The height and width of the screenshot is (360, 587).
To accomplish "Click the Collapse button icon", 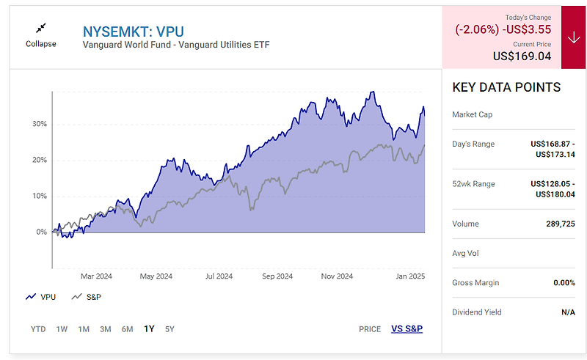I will [40, 28].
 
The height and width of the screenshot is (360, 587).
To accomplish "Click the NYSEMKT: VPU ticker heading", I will [133, 32].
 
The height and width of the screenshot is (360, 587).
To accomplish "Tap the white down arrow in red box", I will [573, 37].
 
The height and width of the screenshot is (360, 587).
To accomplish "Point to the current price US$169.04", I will [522, 56].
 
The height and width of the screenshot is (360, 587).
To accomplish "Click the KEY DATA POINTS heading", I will [506, 87].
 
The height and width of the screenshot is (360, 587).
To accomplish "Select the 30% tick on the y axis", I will [39, 124].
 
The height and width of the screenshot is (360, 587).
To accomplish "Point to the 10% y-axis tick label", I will [39, 196].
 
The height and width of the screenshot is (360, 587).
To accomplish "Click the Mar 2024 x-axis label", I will [96, 276].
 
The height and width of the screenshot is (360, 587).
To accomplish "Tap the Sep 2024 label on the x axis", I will [277, 276].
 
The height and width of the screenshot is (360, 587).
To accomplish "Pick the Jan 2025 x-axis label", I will [409, 276].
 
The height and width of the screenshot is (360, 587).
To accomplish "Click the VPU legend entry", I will [40, 297].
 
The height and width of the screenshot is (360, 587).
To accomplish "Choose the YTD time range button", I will [38, 329].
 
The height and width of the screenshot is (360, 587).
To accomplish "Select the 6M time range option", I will [127, 329].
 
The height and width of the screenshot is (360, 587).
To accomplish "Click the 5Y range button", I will [169, 329].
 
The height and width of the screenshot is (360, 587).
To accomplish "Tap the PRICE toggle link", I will [370, 329].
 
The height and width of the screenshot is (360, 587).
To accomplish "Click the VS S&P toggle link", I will [406, 328].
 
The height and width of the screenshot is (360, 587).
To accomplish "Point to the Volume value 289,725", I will [557, 224].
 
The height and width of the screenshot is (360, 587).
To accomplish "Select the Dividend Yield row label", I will [477, 312].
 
